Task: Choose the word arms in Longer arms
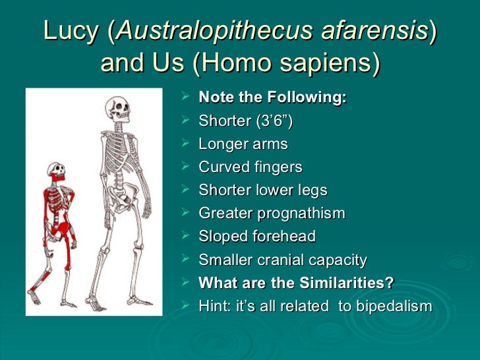272,144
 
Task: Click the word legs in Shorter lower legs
312,190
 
